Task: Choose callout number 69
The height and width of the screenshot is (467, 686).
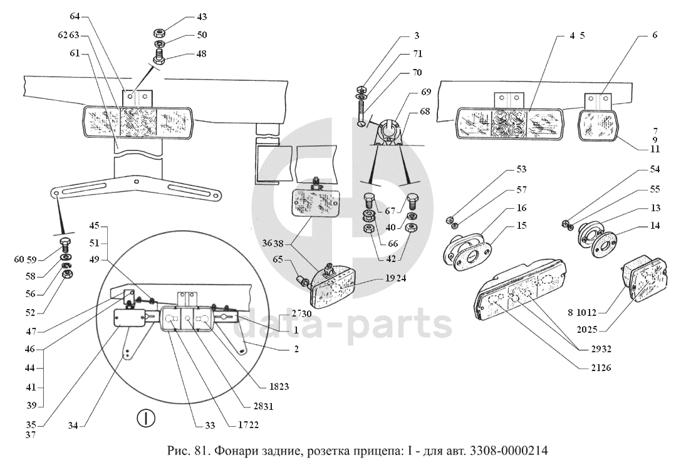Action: click(x=426, y=92)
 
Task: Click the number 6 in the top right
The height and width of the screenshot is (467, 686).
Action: click(x=655, y=35)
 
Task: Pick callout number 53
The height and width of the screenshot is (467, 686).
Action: click(x=521, y=170)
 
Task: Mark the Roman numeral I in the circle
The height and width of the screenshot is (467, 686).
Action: click(x=146, y=418)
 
